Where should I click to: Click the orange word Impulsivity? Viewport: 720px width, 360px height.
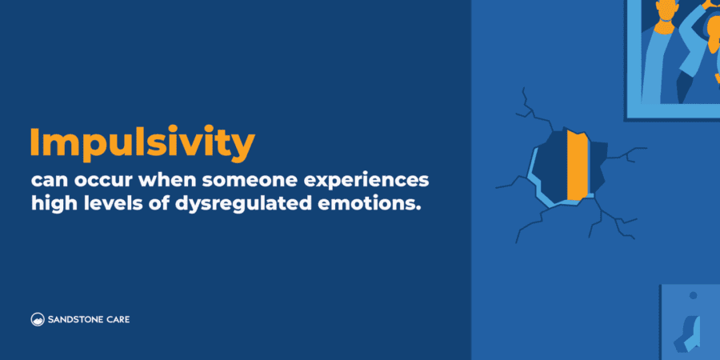click(142, 143)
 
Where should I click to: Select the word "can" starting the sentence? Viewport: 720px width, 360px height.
click(46, 178)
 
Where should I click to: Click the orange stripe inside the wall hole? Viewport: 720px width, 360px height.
click(577, 163)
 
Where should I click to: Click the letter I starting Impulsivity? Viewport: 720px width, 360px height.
click(35, 142)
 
